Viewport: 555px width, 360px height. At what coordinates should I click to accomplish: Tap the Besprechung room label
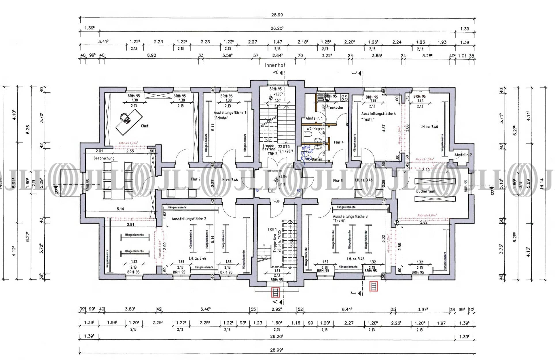pos(104,158)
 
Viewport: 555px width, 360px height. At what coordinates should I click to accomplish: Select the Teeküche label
pos(336,108)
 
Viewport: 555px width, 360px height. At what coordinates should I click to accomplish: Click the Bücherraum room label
pos(426,191)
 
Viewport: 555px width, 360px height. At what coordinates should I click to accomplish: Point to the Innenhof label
pos(275,65)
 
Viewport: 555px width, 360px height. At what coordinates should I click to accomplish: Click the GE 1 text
pos(274,190)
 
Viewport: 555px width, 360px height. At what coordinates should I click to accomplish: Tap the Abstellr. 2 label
pos(463,155)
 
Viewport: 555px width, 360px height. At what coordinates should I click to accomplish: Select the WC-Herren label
pos(315,129)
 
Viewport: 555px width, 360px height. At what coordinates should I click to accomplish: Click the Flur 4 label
pos(339,142)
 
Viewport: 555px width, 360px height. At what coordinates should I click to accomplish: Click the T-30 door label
pos(276,201)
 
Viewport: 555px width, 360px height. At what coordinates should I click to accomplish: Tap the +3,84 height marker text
pos(283,176)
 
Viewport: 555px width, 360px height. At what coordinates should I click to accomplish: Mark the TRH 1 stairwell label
pos(272,229)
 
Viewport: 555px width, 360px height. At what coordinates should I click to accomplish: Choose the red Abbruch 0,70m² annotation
pos(128,143)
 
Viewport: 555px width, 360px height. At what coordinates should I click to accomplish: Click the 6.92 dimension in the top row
pos(151,55)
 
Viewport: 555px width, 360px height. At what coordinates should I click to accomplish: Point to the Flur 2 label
pos(196,179)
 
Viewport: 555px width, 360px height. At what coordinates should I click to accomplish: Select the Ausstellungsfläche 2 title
pos(189,219)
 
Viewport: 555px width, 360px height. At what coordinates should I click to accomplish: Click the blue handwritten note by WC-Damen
pos(305,154)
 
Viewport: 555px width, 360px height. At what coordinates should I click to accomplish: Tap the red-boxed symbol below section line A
pos(276,293)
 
